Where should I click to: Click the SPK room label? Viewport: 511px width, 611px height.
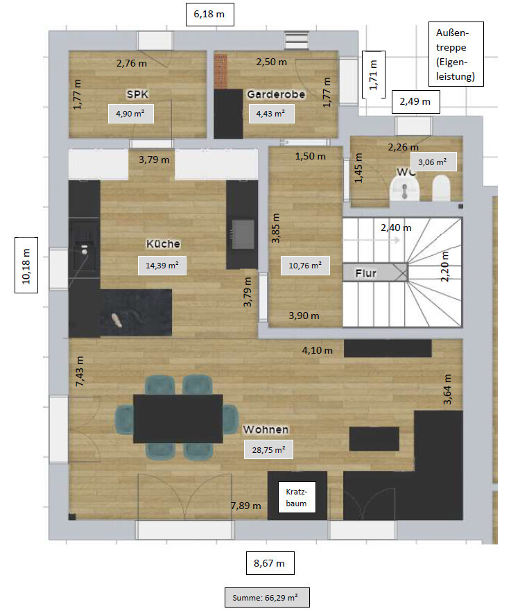(x=137, y=94)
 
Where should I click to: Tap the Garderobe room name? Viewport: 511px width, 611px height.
(x=276, y=94)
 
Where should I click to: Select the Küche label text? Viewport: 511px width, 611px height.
(x=163, y=244)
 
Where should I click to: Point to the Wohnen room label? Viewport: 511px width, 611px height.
(x=266, y=429)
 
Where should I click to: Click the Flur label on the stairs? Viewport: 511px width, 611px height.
(x=365, y=273)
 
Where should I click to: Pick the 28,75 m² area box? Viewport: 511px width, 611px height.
(x=268, y=449)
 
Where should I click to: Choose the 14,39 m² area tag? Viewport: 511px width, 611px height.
(x=162, y=266)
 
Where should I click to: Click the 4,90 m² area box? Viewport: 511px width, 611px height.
(x=130, y=114)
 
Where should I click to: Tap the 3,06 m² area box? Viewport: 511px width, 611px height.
(x=433, y=162)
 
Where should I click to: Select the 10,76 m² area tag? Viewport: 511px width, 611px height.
(x=305, y=266)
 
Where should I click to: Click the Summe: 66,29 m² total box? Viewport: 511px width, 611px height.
(x=267, y=597)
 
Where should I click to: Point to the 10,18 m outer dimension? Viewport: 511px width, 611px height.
(x=26, y=265)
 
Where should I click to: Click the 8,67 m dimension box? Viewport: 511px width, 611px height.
(x=270, y=563)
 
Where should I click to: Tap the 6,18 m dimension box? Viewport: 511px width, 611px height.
(x=209, y=15)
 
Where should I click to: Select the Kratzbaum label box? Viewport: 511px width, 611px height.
(x=296, y=497)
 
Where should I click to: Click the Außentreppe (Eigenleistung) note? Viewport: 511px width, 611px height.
(x=456, y=54)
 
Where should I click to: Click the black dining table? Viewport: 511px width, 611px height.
(x=178, y=418)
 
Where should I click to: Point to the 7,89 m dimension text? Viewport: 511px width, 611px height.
(x=245, y=506)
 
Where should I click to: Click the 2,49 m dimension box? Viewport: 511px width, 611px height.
(x=415, y=102)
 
